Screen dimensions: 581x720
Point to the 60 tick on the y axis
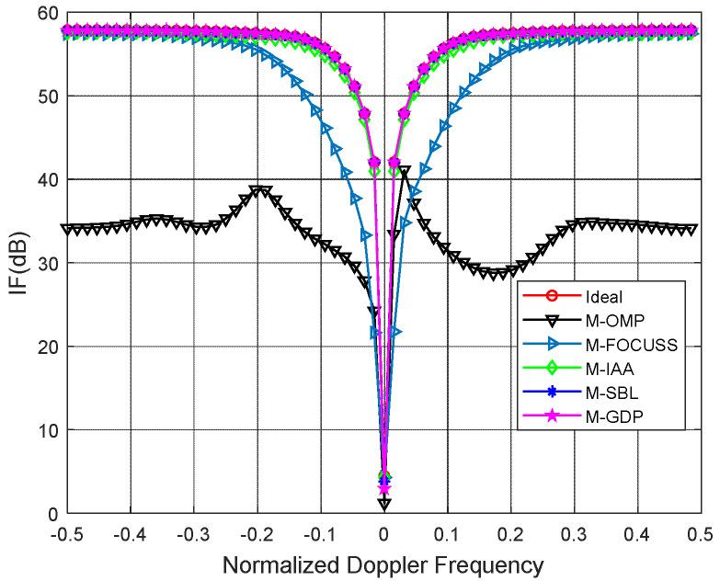click(43, 12)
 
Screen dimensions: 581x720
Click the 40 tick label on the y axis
click(43, 179)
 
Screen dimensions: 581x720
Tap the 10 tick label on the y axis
click(43, 430)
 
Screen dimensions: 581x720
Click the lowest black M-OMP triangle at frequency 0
click(384, 504)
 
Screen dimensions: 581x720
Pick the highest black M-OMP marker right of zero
click(405, 172)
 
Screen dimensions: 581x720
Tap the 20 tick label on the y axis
click(43, 347)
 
